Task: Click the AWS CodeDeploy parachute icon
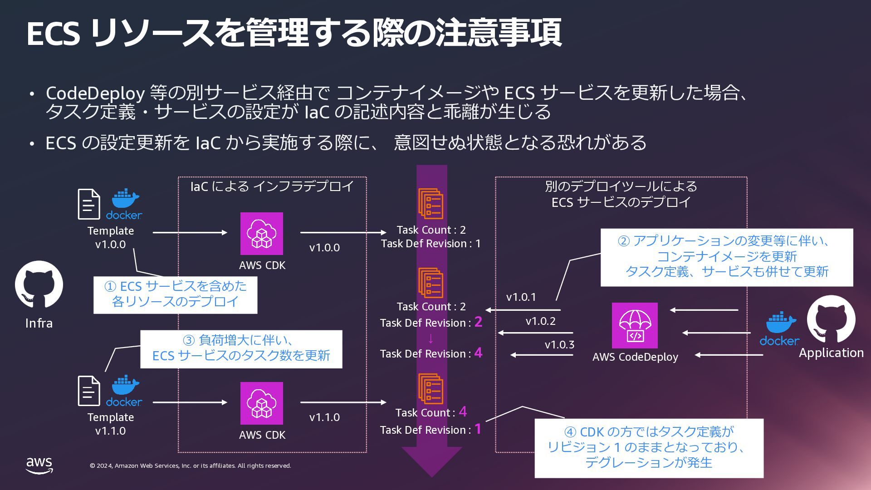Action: [x=635, y=325]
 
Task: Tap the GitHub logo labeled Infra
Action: [x=39, y=284]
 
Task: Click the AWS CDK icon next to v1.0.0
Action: [x=262, y=234]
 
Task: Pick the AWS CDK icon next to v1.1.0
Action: [x=262, y=403]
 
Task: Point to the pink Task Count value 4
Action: [x=463, y=412]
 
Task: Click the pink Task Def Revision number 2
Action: [x=478, y=322]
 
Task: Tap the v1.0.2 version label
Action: [x=541, y=321]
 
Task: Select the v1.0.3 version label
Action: [x=559, y=345]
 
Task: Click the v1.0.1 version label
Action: [x=521, y=297]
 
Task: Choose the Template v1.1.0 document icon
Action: [x=89, y=391]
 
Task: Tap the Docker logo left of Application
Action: [x=779, y=329]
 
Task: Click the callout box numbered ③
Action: [x=241, y=349]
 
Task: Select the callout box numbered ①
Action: [x=175, y=295]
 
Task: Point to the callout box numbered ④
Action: [x=649, y=448]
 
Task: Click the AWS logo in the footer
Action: [x=39, y=465]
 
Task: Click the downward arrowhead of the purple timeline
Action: [x=431, y=462]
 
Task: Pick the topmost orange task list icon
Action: [x=431, y=204]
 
